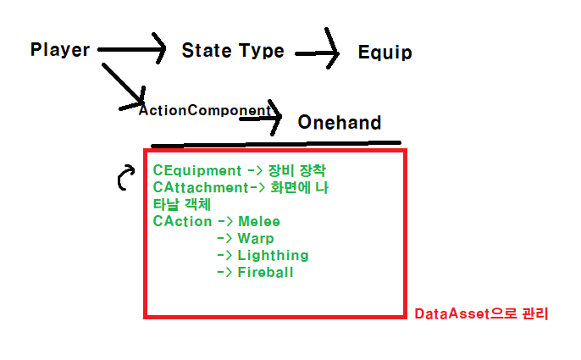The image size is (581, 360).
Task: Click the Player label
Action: click(x=60, y=49)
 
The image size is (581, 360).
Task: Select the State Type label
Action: click(x=233, y=51)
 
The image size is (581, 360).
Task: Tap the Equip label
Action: click(x=385, y=53)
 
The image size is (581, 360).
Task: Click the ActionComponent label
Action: click(x=206, y=110)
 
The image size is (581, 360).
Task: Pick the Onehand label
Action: click(x=339, y=123)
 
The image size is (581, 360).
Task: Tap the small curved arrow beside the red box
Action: click(x=125, y=177)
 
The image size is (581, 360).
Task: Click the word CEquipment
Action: click(x=196, y=170)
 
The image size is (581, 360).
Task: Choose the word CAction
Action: click(x=182, y=221)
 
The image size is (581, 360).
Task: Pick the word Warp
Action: click(x=256, y=238)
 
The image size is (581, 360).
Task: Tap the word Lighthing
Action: click(x=273, y=255)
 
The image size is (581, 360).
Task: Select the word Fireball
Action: click(x=265, y=272)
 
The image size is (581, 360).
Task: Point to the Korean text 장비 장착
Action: click(x=290, y=170)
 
